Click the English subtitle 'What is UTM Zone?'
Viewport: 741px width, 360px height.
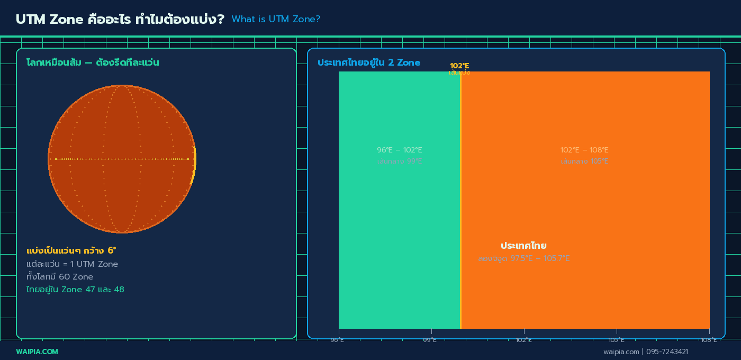click(276, 19)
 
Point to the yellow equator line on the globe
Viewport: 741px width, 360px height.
click(122, 159)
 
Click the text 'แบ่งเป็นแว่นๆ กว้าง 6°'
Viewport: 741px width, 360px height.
click(71, 250)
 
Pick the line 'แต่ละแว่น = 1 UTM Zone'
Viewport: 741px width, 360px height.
click(72, 264)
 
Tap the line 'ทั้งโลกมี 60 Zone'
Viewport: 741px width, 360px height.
click(60, 276)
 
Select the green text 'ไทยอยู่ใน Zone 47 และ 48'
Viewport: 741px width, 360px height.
click(75, 289)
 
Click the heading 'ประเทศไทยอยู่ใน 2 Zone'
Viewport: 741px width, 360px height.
click(368, 62)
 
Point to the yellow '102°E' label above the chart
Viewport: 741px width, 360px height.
click(459, 66)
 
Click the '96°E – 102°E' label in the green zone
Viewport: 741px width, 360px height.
click(400, 150)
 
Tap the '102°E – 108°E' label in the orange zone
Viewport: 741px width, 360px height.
click(584, 150)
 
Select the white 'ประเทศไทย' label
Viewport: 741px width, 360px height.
click(523, 246)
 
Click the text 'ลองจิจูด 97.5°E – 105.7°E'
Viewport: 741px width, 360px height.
click(523, 258)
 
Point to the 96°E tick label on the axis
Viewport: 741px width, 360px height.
click(338, 340)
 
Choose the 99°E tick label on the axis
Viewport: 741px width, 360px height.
click(430, 340)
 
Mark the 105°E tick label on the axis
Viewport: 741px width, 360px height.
click(616, 340)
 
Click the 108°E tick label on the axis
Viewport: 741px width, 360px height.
click(709, 340)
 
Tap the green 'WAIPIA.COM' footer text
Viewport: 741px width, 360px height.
click(37, 352)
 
